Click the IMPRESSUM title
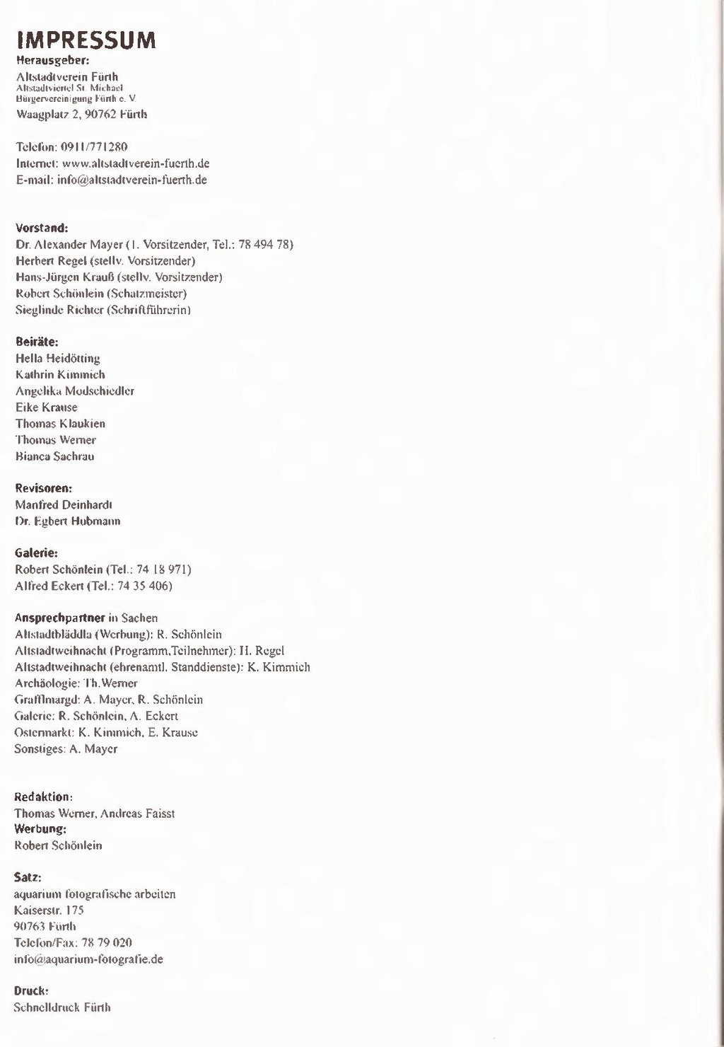pos(86,40)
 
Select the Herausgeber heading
pos(52,60)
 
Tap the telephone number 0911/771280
pos(94,147)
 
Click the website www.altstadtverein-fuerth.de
pos(136,163)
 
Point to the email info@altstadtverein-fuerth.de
pos(132,180)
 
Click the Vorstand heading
pos(42,228)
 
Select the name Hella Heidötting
pos(57,359)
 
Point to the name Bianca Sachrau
pos(54,456)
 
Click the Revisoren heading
pos(44,488)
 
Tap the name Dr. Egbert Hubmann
pos(68,521)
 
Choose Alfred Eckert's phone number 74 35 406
pos(144,586)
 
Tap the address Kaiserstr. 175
pos(49,910)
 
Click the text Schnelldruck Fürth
pos(62,1007)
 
